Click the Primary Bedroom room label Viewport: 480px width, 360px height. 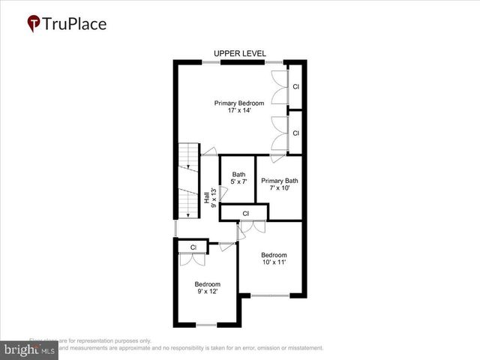pos(238,103)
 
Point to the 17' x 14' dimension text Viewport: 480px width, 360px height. pos(238,111)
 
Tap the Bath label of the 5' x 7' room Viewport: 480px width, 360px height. pos(238,175)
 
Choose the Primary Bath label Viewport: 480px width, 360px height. pos(280,181)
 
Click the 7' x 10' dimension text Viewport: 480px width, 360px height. pos(280,189)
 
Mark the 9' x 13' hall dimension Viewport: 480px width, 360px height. pos(214,197)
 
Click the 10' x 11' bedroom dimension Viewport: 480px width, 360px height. pos(274,262)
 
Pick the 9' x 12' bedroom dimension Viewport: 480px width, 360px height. pos(208,292)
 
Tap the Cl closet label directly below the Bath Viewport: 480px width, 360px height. pos(246,214)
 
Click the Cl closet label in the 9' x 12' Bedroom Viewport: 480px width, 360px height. pos(193,247)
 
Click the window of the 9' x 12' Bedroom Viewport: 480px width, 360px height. pos(206,325)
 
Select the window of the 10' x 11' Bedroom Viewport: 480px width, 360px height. pos(270,295)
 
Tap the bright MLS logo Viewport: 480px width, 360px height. pos(30,349)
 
